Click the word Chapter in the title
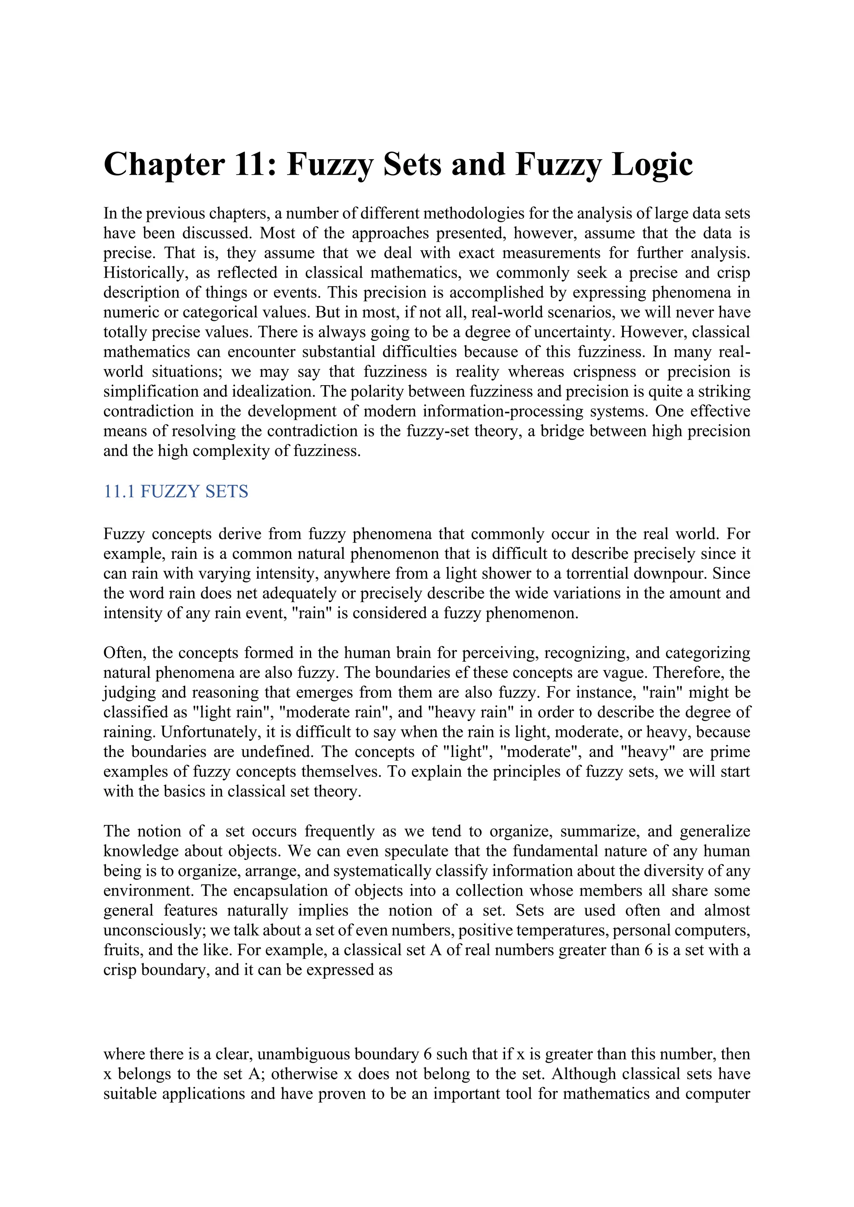(x=164, y=165)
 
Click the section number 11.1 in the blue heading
(x=119, y=491)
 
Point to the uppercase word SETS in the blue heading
(x=227, y=491)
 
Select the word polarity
(x=377, y=392)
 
